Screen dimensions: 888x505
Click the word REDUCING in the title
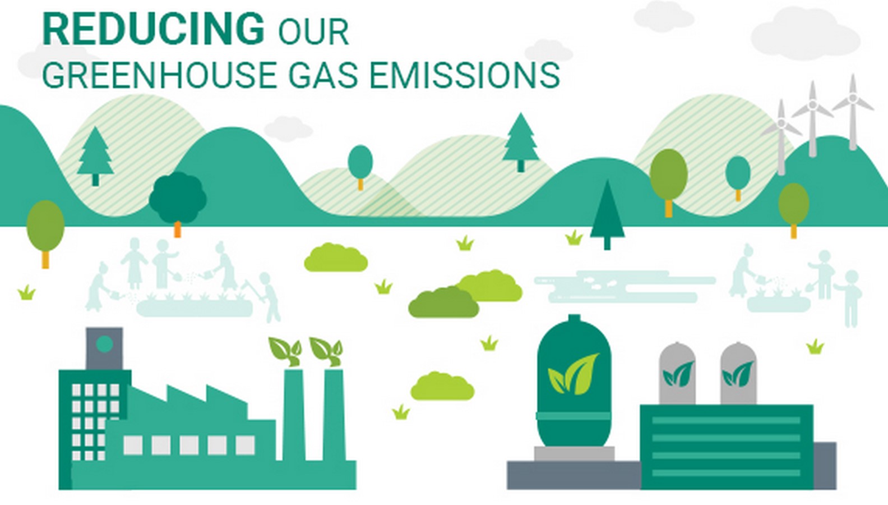pos(153,29)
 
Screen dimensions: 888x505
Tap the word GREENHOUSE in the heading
pos(159,75)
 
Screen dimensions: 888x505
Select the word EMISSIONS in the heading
pos(464,75)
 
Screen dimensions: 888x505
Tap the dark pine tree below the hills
pos(607,215)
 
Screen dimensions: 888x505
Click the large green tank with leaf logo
pos(574,381)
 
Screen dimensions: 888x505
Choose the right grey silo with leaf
pos(738,373)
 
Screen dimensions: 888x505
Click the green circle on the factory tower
pos(104,344)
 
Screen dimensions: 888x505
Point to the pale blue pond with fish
pos(625,286)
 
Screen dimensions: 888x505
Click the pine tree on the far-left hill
pos(95,157)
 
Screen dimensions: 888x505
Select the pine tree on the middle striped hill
pos(521,143)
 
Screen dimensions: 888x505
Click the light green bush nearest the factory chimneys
pos(442,386)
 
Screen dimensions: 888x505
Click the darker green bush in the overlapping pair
pos(443,302)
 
